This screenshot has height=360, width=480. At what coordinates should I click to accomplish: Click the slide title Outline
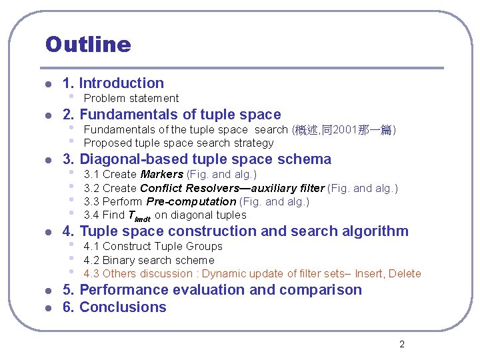[x=88, y=45]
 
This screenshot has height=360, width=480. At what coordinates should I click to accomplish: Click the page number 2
[x=401, y=344]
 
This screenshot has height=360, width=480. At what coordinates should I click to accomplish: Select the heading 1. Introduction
[x=113, y=83]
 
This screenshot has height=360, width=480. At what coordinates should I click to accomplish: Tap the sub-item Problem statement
[x=131, y=99]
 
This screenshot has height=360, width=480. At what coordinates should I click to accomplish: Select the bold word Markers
[x=161, y=175]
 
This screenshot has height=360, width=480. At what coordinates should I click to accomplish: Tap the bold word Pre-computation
[x=191, y=201]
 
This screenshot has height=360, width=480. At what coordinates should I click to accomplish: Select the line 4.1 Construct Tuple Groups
[x=153, y=247]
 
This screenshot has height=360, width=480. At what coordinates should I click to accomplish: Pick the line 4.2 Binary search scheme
[x=149, y=260]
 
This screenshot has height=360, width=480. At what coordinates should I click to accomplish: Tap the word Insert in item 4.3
[x=369, y=273]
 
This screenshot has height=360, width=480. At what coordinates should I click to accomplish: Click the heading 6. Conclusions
[x=114, y=307]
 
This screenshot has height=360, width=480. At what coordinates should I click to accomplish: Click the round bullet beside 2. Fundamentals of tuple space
[x=47, y=115]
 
